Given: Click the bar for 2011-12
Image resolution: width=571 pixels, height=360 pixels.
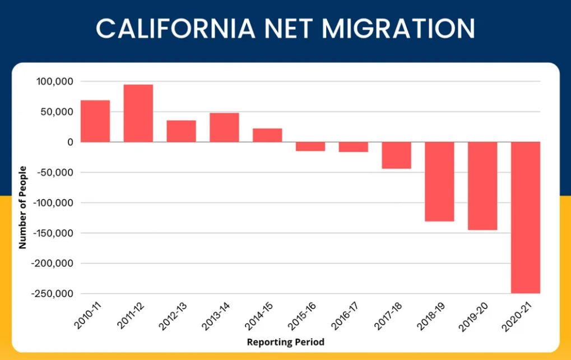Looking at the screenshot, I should pos(138,113).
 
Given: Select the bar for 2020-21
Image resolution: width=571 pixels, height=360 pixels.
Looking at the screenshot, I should pos(526,218).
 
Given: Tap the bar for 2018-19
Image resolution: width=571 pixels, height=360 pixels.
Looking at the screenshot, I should pos(439,182).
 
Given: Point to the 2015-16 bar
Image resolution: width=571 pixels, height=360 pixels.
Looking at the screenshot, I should pos(310,146).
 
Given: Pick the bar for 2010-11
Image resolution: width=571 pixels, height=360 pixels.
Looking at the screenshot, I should pos(95,121).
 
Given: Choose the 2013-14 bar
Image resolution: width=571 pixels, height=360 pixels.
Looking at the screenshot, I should pos(224,127).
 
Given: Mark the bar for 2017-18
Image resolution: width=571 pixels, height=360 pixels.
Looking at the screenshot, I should pos(397,155).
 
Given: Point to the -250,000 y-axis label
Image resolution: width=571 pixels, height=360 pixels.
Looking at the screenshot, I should pos(52,294).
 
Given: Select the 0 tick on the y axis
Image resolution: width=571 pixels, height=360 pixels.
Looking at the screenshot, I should pos(69,142).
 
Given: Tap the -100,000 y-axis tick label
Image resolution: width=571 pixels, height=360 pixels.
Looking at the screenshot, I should pos(52,203).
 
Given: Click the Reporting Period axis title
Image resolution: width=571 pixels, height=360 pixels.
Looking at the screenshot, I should pos(285,342).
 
